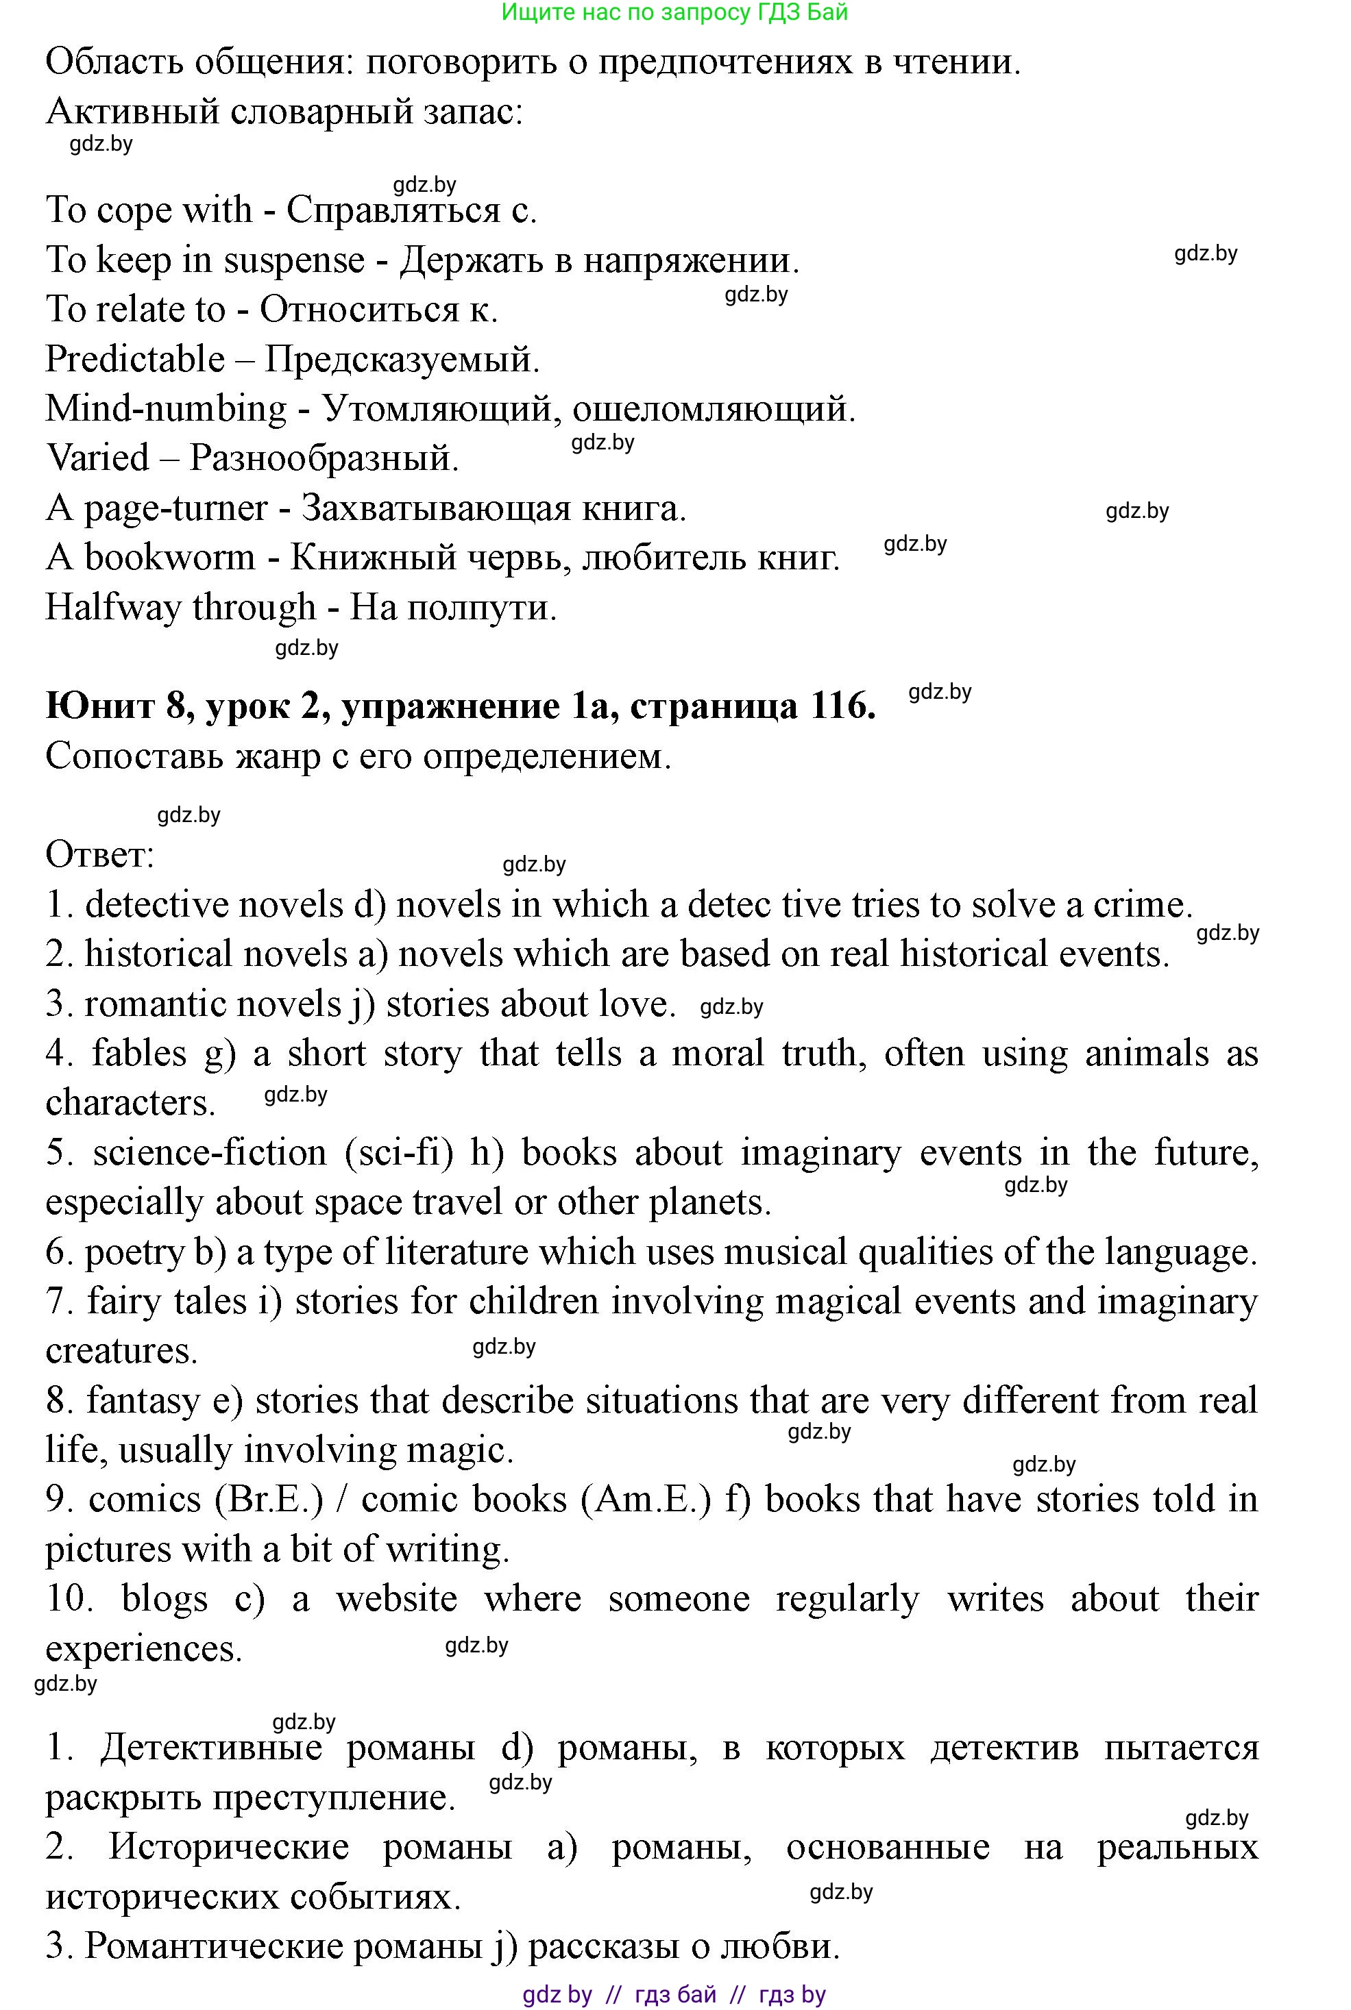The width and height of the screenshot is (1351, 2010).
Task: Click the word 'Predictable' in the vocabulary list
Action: [134, 359]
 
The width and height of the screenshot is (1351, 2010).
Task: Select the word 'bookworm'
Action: [170, 558]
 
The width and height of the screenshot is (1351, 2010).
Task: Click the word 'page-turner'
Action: [175, 509]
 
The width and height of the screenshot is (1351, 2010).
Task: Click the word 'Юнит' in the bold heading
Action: [97, 706]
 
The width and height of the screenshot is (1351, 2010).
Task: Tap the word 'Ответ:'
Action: [100, 855]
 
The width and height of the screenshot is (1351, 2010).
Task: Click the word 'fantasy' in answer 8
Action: [143, 1401]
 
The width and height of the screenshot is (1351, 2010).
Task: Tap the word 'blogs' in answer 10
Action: [165, 1599]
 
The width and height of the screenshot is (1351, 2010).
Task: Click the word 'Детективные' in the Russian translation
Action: [211, 1748]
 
